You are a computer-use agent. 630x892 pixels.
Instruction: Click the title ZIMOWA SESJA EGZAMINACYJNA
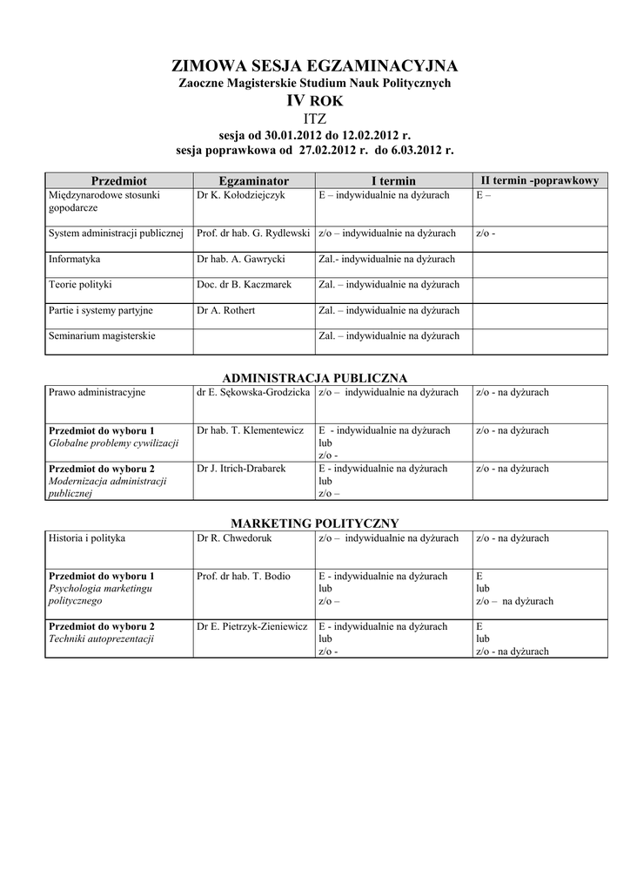point(314,66)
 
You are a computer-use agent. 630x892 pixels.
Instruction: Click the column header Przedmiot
point(119,180)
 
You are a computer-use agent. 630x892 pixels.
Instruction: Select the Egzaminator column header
point(253,180)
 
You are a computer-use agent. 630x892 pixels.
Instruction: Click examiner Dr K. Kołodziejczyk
point(241,195)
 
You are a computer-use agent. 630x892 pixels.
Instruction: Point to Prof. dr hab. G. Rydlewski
point(253,233)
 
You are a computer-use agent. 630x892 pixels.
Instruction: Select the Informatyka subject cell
point(75,259)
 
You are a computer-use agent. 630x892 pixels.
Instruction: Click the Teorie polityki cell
point(80,284)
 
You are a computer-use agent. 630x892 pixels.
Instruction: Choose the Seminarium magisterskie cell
point(102,335)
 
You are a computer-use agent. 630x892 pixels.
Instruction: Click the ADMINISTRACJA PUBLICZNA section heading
point(314,377)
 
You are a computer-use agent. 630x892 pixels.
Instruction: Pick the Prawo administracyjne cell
point(97,392)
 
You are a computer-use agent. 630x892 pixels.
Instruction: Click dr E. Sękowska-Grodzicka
point(253,392)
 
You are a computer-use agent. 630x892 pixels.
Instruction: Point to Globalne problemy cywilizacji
point(113,443)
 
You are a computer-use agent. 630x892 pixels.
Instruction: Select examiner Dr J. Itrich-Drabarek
point(241,469)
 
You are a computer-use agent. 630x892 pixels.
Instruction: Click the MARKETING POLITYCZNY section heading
point(314,523)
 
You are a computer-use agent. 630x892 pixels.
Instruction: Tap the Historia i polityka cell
point(87,537)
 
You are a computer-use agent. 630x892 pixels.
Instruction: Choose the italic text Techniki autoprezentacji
point(102,639)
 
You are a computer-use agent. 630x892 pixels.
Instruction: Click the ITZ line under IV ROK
point(314,118)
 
